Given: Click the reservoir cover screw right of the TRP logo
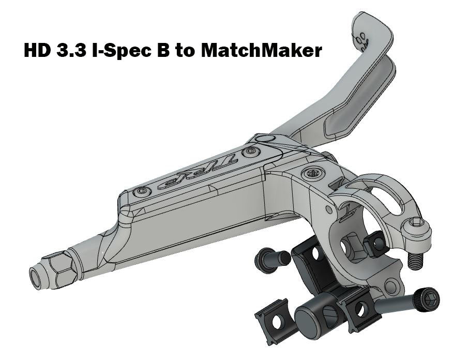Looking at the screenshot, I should (x=252, y=152).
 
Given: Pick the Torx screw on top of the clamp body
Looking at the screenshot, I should (x=312, y=174).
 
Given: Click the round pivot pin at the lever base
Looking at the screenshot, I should (x=264, y=138).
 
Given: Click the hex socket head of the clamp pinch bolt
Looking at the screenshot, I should (x=417, y=222).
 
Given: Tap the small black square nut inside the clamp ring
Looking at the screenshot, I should (x=375, y=244).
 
